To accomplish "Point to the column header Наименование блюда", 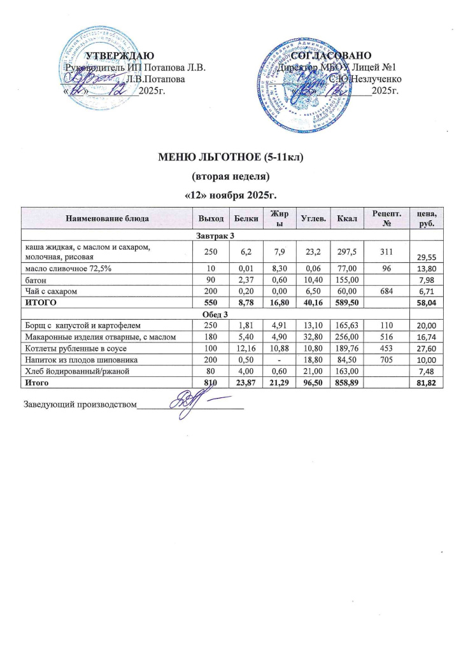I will click(105, 219).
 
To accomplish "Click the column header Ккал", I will click(347, 219).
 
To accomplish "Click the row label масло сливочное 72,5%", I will click(69, 269).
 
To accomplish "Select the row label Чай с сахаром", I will click(52, 292).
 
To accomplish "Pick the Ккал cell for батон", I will click(347, 280).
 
